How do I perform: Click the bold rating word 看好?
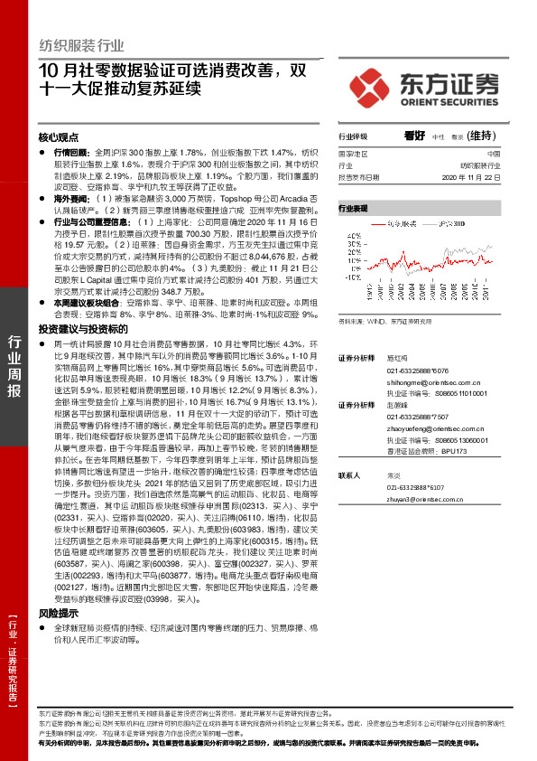coord(416,135)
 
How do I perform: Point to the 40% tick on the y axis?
coord(350,230)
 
